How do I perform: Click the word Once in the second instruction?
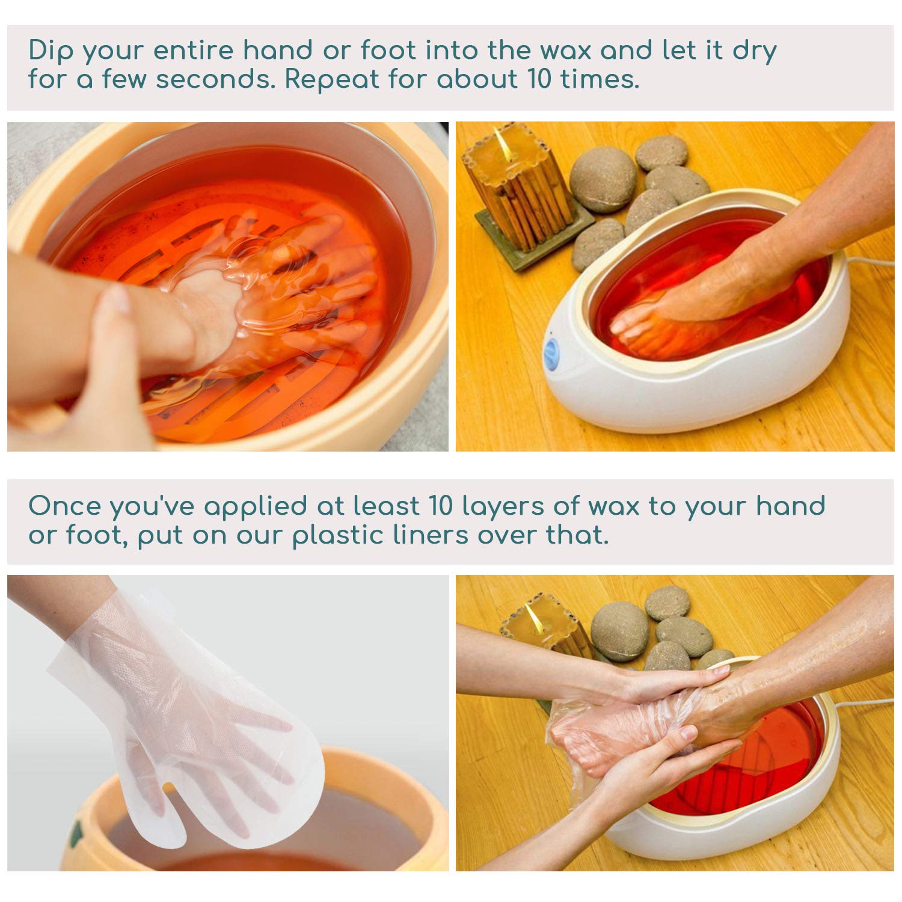(64, 506)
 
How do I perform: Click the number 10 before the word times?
(539, 79)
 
